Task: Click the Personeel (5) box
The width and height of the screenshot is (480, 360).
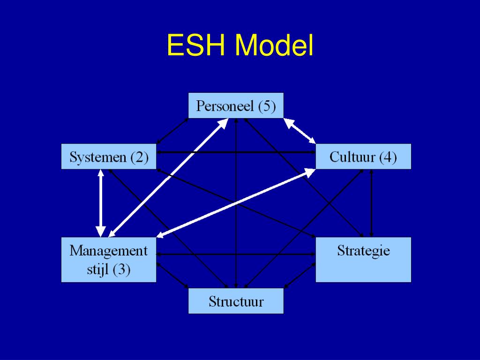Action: tap(236, 105)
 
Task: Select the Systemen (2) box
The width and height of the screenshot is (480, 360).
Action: tap(109, 157)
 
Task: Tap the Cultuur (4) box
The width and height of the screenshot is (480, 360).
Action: tap(363, 156)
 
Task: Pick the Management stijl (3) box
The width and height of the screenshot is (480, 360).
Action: tap(109, 260)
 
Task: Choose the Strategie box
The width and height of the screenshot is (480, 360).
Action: tap(363, 260)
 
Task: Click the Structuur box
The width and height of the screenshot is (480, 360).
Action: tap(236, 301)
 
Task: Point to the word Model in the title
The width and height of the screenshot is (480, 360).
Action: tap(274, 45)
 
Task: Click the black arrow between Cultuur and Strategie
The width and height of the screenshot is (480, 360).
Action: tap(371, 203)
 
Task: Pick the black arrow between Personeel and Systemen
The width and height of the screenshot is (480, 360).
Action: tap(172, 131)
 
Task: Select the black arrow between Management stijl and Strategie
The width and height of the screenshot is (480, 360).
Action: tap(236, 255)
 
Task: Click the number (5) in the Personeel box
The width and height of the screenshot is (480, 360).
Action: tap(267, 106)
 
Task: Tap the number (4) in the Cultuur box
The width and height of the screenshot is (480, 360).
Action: tap(388, 157)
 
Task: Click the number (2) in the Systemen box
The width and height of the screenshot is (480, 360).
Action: tap(139, 157)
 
